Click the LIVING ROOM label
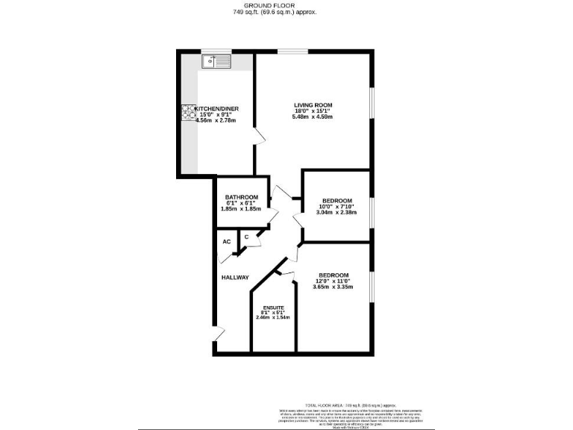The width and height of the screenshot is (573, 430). click(x=313, y=105)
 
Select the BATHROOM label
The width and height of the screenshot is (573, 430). click(x=242, y=197)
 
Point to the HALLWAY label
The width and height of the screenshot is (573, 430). click(x=235, y=278)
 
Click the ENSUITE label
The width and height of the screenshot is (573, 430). click(x=272, y=308)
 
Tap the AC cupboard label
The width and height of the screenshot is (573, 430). click(x=226, y=241)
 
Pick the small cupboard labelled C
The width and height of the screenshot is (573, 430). click(x=245, y=237)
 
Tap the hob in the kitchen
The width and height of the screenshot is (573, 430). click(x=186, y=111)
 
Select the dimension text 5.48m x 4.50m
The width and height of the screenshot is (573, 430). click(x=313, y=117)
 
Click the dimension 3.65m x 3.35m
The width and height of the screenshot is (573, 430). click(x=333, y=287)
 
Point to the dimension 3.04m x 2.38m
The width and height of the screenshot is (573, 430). click(x=336, y=213)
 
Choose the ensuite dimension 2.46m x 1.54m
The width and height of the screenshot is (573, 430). click(x=272, y=318)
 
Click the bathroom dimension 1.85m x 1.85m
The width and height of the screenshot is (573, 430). click(x=242, y=209)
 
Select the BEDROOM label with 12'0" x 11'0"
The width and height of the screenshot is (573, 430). click(x=334, y=275)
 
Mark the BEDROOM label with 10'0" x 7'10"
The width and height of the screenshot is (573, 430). click(x=337, y=200)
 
